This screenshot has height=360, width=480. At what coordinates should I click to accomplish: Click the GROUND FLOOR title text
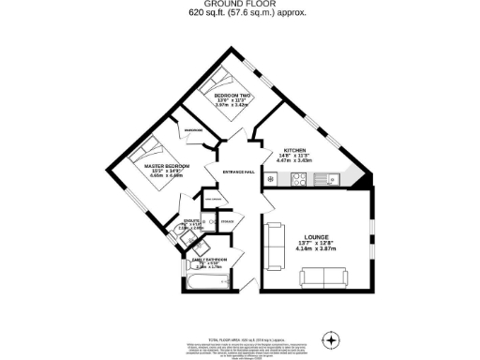[x=239, y=5]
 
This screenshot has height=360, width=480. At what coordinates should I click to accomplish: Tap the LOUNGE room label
[x=316, y=236]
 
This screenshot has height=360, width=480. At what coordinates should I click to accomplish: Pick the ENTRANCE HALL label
[x=239, y=172]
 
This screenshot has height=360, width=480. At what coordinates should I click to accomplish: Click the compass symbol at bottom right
[x=329, y=338]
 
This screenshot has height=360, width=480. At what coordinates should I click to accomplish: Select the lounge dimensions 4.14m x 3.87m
[x=316, y=249]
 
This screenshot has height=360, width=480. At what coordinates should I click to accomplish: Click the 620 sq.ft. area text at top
[x=239, y=15]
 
